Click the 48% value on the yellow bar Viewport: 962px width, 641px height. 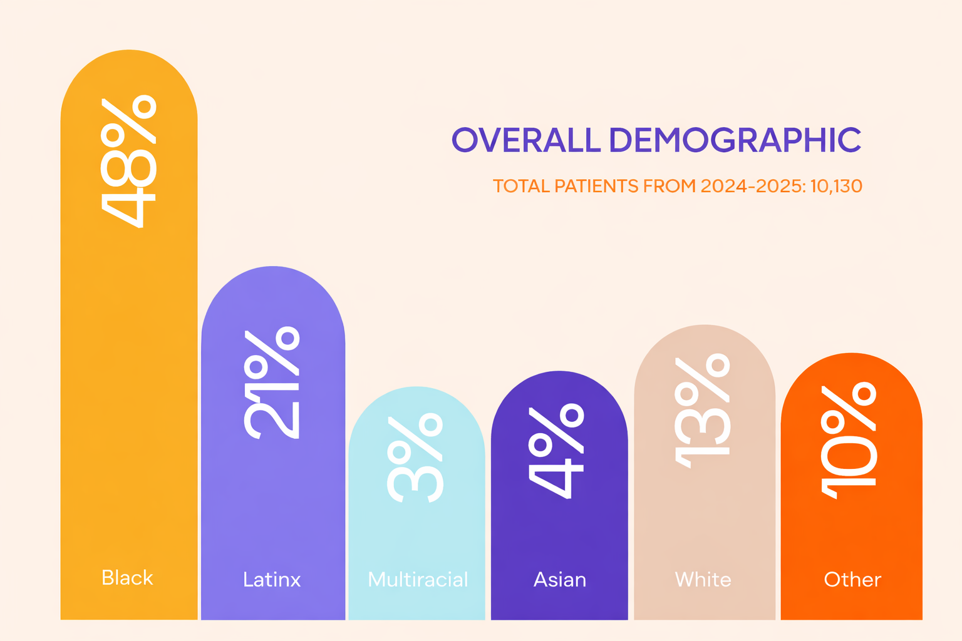pos(128,162)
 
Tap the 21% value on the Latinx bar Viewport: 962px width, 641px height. pos(272,383)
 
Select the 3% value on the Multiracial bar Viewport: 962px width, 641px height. pos(415,457)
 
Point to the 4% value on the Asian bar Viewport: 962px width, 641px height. pos(557,451)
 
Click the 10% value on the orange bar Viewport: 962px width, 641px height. pos(849,441)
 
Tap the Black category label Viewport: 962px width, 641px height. pos(127,578)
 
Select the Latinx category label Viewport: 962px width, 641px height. pos(272,580)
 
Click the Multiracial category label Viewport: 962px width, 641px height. pos(418,580)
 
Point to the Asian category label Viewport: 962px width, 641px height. pos(560,580)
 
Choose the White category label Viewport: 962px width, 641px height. pos(703,580)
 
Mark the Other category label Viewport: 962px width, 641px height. pos(852,580)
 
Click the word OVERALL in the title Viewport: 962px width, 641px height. pos(526,140)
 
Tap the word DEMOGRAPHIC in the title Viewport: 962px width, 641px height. pos(735,140)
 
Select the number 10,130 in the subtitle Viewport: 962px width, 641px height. pos(836,186)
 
